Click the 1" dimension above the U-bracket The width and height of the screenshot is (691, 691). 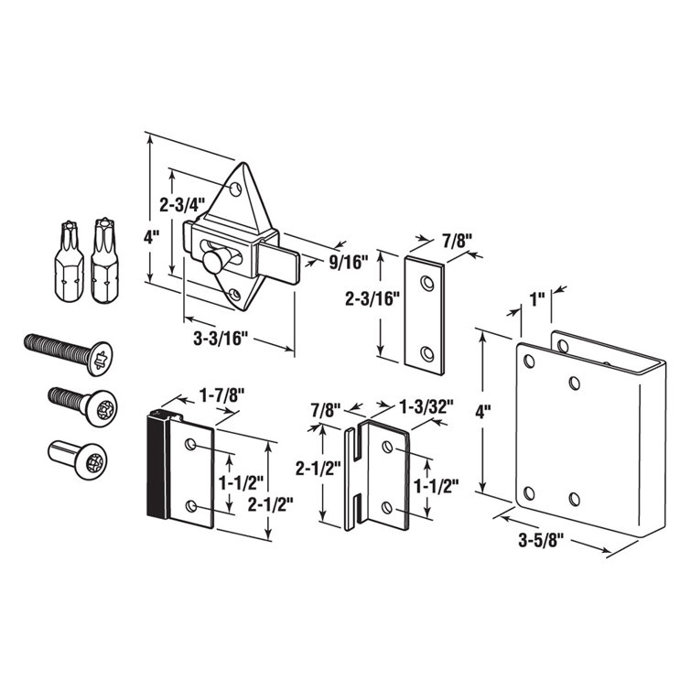537,298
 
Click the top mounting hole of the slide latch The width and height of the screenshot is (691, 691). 236,189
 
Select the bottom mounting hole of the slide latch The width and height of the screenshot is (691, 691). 235,294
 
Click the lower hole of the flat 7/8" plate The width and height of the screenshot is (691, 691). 426,351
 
